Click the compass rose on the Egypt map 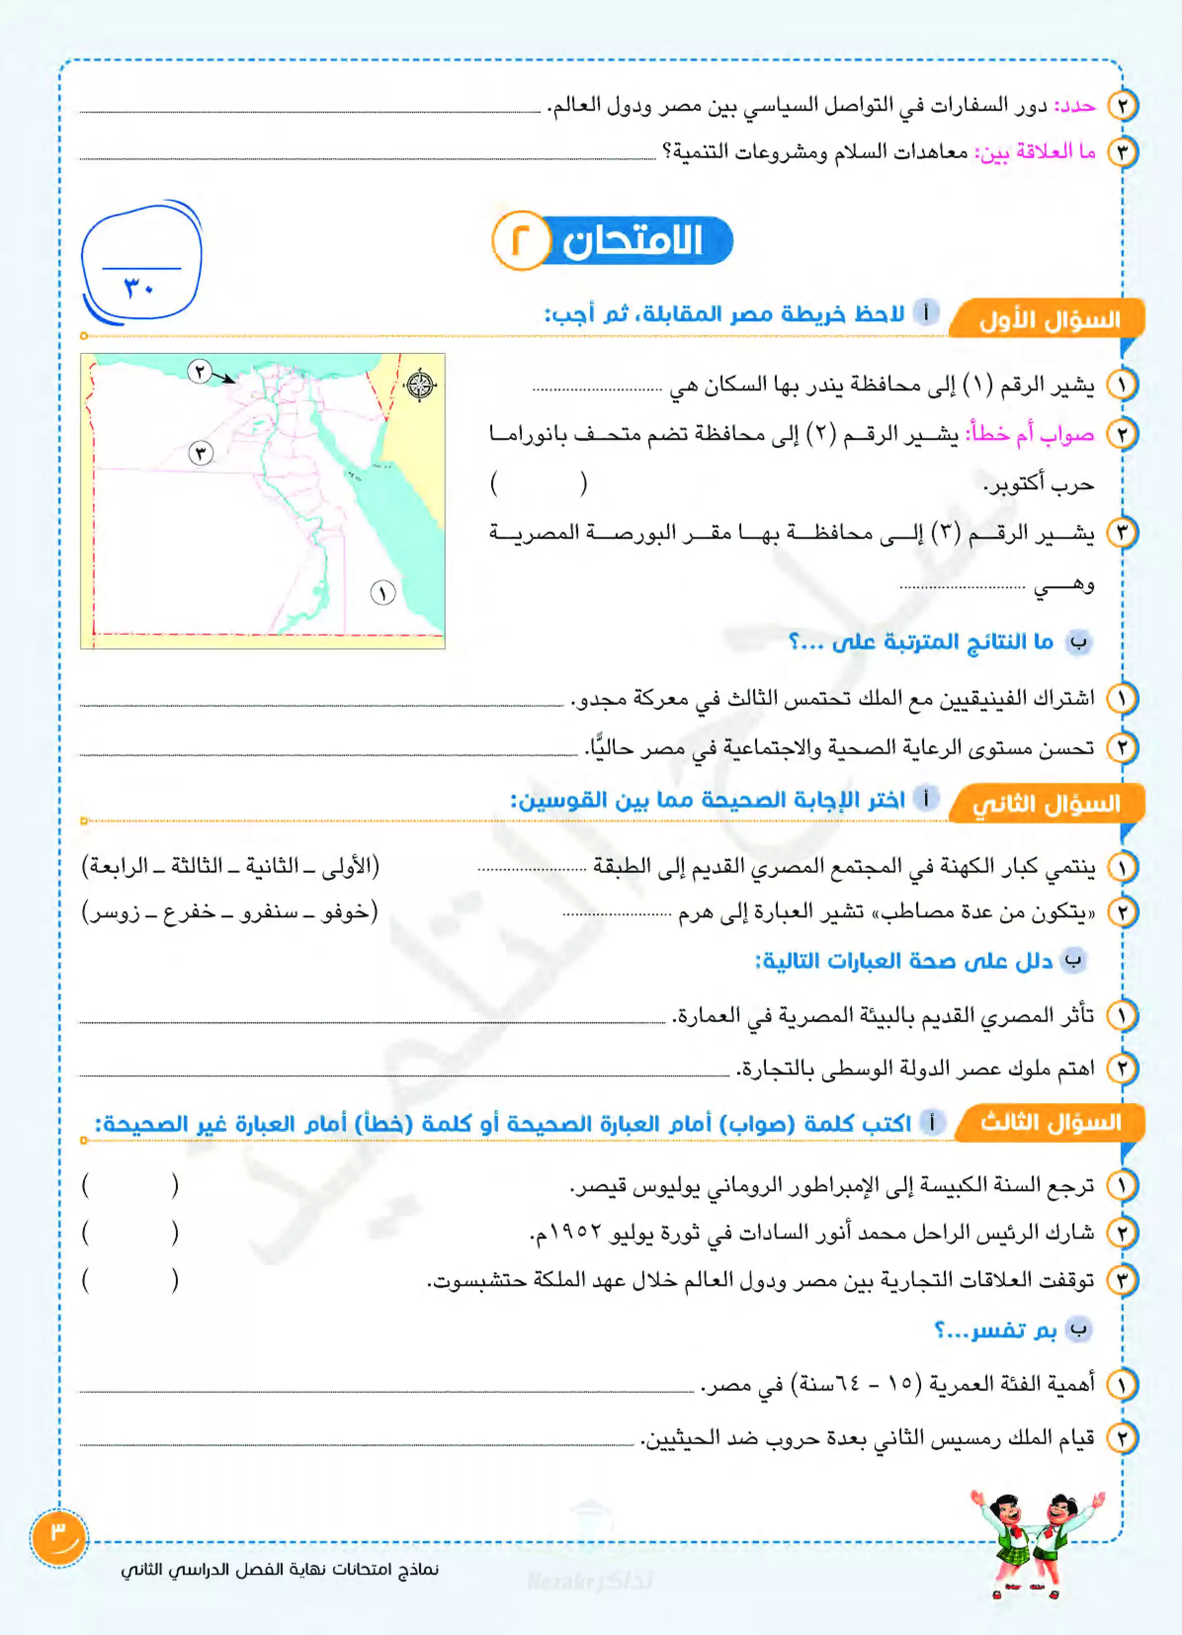[x=420, y=384]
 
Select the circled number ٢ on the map [x=200, y=371]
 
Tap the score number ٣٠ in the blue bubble [x=139, y=288]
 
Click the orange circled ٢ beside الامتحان [x=520, y=240]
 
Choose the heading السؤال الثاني [x=1047, y=804]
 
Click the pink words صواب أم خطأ [x=1031, y=435]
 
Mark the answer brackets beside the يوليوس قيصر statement [x=130, y=1185]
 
